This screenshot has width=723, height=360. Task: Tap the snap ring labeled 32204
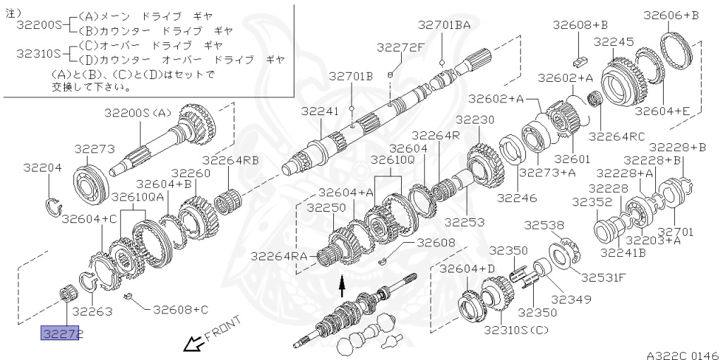tap(53, 205)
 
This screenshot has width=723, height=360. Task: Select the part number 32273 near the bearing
tap(94, 149)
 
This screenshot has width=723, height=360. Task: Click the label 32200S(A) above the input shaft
tap(138, 112)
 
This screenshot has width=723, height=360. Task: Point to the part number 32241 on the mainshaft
tap(320, 112)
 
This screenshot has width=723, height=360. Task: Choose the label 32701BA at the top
tap(443, 25)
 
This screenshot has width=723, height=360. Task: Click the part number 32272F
tap(400, 47)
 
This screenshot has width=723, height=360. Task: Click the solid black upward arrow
tap(342, 287)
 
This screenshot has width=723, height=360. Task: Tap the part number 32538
tap(544, 226)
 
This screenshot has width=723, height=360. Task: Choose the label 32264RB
tap(230, 160)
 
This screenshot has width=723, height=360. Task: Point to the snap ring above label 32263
tap(88, 280)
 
